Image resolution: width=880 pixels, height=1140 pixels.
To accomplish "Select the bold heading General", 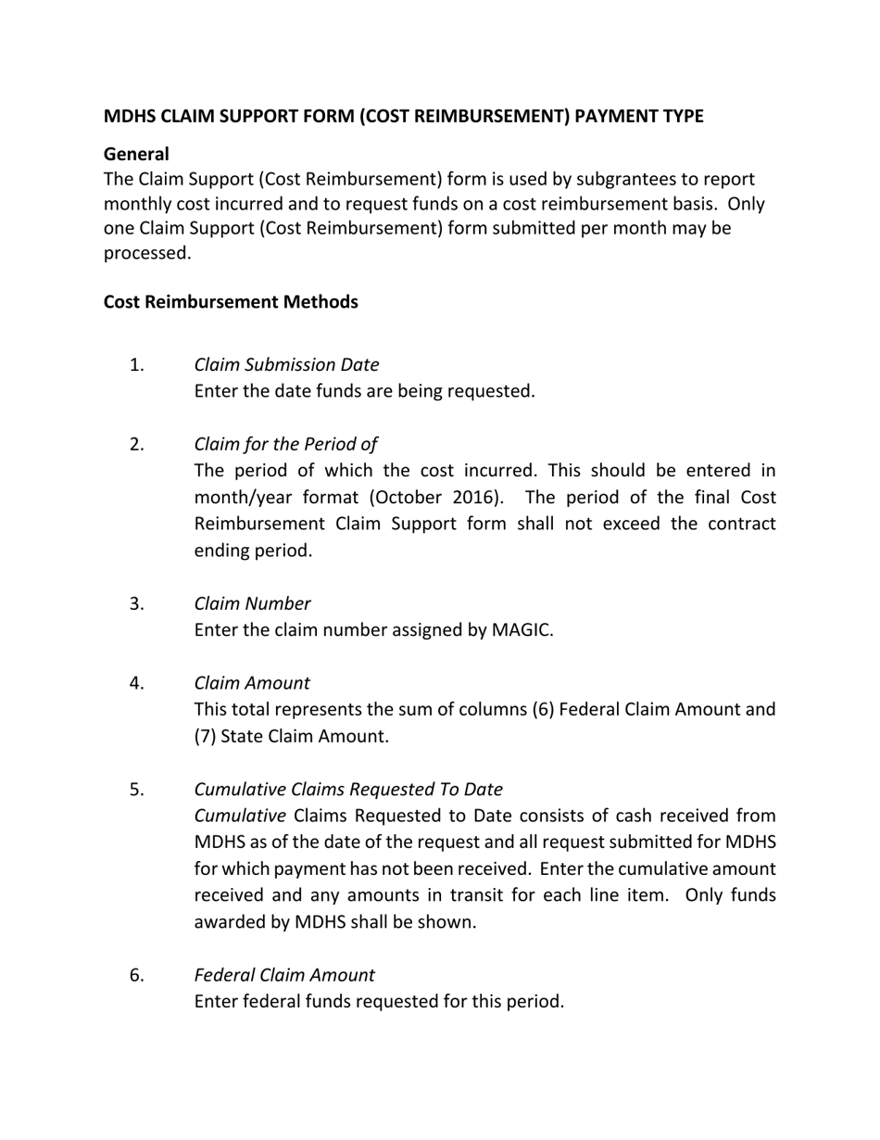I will pos(136,154).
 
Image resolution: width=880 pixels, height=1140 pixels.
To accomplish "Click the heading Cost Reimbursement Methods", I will pos(231,302).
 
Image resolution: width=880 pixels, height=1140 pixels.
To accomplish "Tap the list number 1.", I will pos(137,365).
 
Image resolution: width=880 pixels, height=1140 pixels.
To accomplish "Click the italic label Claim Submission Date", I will pos(286,365).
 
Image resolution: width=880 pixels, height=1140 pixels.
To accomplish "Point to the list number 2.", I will pos(137,445).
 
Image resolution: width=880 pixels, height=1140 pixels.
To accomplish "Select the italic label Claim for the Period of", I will pos(285,445).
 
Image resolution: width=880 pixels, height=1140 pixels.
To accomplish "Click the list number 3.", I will pos(137,604).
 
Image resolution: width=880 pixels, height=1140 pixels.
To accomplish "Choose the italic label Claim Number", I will pos(252,604).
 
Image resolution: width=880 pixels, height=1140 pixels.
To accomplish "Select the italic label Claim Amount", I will pos(252,684).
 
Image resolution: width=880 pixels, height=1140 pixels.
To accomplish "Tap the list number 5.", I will pos(137,790).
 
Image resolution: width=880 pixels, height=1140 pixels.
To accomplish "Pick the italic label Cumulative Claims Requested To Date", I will pos(348,790).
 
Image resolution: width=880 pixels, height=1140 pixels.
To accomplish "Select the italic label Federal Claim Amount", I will pos(284,975).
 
